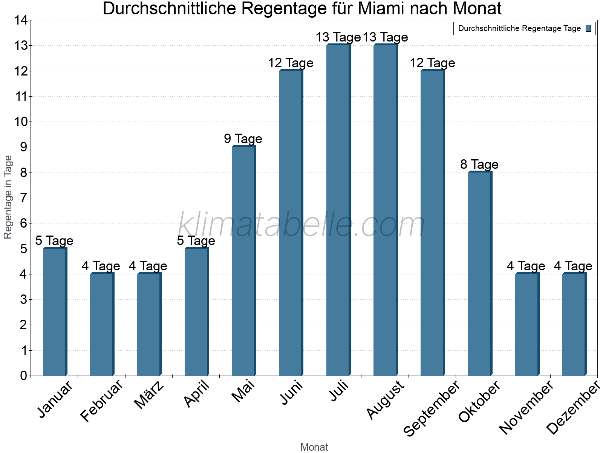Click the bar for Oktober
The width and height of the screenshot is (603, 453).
click(480, 274)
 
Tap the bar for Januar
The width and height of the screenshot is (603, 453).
click(55, 311)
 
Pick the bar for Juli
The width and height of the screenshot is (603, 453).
click(338, 210)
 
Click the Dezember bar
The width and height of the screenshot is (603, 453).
click(574, 324)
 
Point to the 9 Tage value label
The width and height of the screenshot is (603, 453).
click(243, 139)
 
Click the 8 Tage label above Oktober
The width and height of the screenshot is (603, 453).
click(479, 164)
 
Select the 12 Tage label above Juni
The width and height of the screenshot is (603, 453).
click(291, 63)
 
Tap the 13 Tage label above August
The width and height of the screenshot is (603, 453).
click(385, 37)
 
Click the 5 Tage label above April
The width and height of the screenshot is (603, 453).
click(196, 240)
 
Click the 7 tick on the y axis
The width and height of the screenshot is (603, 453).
click(24, 198)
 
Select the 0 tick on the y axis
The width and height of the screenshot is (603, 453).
click(24, 376)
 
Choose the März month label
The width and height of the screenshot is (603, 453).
click(149, 395)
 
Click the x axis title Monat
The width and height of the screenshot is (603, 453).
click(314, 447)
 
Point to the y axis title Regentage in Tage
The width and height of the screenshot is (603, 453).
click(8, 197)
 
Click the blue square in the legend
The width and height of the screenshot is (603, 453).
click(589, 28)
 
